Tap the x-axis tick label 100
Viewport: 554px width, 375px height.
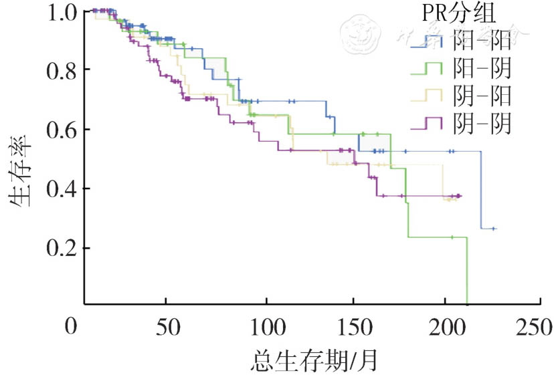[267, 327]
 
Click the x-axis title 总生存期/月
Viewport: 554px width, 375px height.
[314, 360]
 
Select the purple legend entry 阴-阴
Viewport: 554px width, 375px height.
[482, 124]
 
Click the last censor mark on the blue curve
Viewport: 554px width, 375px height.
[493, 229]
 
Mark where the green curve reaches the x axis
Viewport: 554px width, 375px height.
[467, 304]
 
